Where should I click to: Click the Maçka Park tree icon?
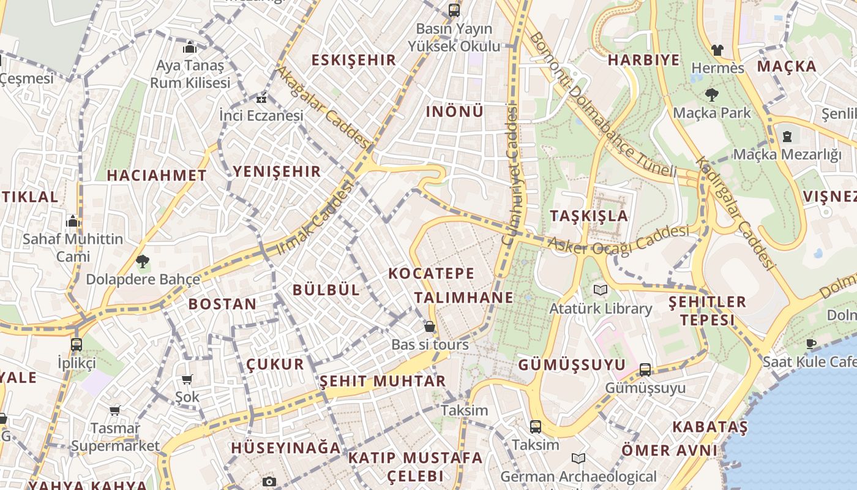711,95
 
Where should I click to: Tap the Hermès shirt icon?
717,50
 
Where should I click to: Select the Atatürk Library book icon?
599,290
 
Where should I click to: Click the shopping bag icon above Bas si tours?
430,326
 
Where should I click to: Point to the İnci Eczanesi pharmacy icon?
261,98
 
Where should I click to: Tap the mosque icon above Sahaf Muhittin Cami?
72,221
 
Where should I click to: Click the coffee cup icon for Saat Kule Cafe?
811,344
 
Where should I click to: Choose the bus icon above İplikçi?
77,344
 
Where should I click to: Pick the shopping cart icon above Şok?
187,380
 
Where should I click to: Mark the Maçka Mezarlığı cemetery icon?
787,137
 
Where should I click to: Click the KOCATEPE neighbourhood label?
432,273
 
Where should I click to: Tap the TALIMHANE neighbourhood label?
463,298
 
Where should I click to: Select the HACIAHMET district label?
157,175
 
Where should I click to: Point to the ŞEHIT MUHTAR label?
383,381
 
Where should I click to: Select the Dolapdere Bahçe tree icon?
143,262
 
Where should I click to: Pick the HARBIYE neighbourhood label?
643,60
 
